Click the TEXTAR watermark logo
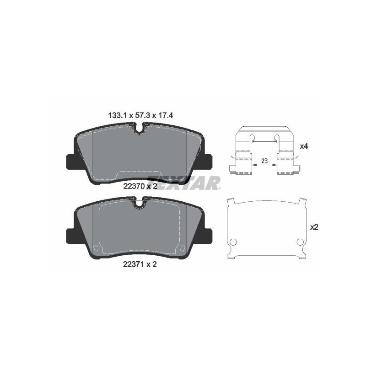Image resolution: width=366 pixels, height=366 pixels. (x=185, y=182)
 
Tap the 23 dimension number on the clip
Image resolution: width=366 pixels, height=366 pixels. (x=264, y=161)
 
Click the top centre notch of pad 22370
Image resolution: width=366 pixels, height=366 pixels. (x=140, y=129)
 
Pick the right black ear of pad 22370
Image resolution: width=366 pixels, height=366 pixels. (x=208, y=161)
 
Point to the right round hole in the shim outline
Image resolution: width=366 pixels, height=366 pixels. (x=300, y=242)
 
